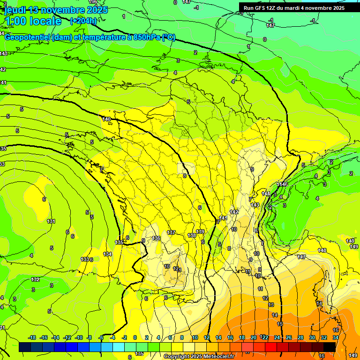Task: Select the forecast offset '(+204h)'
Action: point(83,21)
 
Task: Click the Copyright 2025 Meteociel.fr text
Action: point(199,357)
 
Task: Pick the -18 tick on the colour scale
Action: point(32,337)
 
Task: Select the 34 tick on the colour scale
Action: point(336,337)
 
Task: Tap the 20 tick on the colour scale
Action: point(254,337)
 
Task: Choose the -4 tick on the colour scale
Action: point(112,337)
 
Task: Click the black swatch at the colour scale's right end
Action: point(330,347)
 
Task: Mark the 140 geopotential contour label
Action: point(106,120)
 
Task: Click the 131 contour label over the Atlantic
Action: point(51,221)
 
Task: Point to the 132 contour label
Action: point(35,279)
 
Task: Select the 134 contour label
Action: point(107,254)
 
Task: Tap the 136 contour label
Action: point(156,239)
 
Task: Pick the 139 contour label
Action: point(200,232)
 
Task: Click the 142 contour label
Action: point(234,212)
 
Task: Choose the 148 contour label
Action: point(322,251)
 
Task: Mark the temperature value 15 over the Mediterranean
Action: point(280,324)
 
